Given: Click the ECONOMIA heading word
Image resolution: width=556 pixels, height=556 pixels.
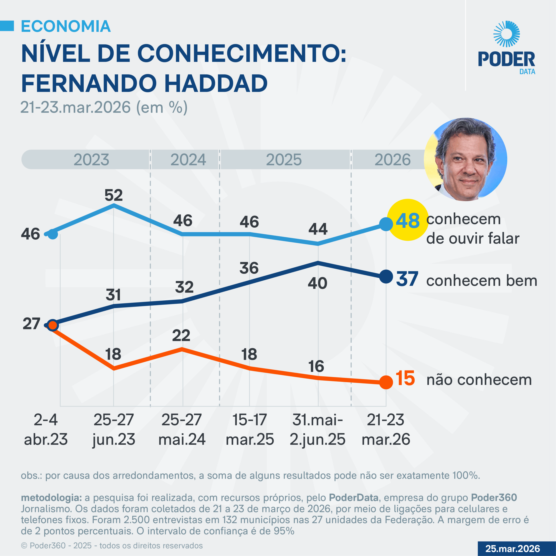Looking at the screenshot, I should [66, 26].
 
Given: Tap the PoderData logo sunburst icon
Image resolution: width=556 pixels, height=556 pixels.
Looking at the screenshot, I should [506, 34].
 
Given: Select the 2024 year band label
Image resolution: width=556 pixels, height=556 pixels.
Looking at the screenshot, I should [188, 160].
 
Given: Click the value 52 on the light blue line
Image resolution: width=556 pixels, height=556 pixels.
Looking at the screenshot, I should [114, 195].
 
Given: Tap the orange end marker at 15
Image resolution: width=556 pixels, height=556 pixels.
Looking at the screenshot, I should [386, 382].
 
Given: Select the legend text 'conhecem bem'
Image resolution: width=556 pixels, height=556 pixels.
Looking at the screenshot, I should [482, 281].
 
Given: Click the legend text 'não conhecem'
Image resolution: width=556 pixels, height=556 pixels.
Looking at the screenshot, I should [479, 380].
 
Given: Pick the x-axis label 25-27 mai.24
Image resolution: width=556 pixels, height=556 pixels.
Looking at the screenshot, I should [182, 429].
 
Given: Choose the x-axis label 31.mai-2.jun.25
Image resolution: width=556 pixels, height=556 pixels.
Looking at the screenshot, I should [318, 429].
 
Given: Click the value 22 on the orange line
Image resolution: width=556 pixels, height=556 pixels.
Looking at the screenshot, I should [181, 336].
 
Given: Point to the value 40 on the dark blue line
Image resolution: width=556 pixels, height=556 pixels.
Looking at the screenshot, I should [318, 283].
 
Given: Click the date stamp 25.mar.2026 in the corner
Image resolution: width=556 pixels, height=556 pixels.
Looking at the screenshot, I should [513, 549].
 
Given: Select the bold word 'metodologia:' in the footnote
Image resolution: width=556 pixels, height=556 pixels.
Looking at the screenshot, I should [51, 498].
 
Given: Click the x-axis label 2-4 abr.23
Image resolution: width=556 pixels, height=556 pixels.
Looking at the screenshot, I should [46, 429].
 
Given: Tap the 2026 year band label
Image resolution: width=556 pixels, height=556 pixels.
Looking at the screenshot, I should [392, 160].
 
